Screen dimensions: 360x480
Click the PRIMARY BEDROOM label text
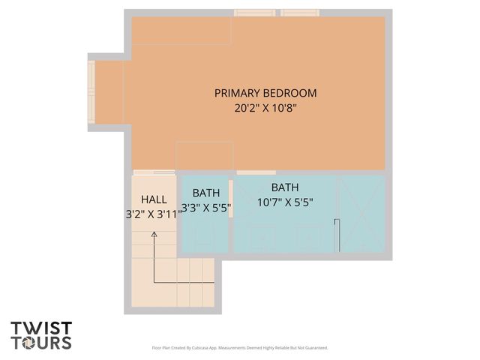point(265,93)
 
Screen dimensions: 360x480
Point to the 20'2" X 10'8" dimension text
point(265,108)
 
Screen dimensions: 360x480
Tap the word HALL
point(154,199)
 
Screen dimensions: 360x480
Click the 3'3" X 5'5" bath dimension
point(205,208)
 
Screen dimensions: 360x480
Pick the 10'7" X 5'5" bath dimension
point(284,202)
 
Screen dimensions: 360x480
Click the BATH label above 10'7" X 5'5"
point(284,187)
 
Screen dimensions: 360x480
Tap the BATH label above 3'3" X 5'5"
point(205,193)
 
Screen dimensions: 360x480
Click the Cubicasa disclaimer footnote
point(240,348)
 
